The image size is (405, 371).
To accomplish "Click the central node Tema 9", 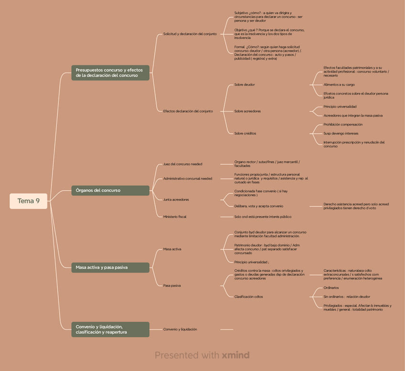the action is (x=29, y=201).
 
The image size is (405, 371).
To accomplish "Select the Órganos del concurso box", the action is (x=110, y=190).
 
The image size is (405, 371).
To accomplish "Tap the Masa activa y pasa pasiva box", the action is (x=110, y=268).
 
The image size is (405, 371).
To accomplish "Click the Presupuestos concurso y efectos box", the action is (x=110, y=72).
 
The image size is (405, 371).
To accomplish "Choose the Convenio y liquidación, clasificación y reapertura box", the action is (x=110, y=329).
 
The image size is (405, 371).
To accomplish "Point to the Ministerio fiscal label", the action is (x=175, y=216).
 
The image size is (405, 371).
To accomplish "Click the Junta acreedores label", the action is (x=176, y=199).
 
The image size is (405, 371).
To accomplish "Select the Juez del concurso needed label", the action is (x=182, y=164).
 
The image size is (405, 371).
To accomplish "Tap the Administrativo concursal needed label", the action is (x=188, y=178).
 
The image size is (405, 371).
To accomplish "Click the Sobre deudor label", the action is (x=245, y=84).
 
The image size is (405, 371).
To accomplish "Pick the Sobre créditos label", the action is (x=245, y=133).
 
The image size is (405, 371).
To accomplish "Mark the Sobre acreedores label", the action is (x=247, y=111).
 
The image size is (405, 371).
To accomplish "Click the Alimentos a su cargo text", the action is (x=339, y=84).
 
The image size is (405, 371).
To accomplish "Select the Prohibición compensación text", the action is (x=343, y=124).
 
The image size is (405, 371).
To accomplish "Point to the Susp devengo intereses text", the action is (x=341, y=133).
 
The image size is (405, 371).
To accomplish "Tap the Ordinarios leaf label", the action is (x=331, y=288).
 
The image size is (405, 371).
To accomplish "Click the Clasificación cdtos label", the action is (x=248, y=297).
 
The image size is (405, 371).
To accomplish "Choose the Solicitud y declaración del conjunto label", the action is (x=190, y=34).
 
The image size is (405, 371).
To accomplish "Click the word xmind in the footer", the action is (x=235, y=355).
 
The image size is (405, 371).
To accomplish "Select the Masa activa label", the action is (x=172, y=249).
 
